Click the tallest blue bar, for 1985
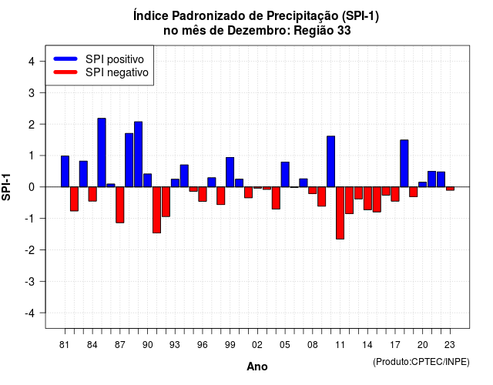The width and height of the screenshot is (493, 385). (x=102, y=152)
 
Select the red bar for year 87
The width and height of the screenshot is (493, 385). (x=120, y=205)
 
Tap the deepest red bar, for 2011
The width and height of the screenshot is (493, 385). (x=340, y=213)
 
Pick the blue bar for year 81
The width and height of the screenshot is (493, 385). (x=65, y=171)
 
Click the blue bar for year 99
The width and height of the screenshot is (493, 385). (x=230, y=172)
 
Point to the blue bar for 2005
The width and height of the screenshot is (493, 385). (x=285, y=175)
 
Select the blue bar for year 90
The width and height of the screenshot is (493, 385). (x=147, y=180)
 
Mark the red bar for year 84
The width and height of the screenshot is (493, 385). (x=92, y=194)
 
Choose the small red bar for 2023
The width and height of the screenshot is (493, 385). (x=450, y=189)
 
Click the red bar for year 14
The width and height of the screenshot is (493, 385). (x=367, y=199)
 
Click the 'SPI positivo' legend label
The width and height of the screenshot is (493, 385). (x=115, y=59)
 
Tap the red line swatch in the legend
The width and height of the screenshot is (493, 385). (x=65, y=72)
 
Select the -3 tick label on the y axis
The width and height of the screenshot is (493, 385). (x=29, y=282)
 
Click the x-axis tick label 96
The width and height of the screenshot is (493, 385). (x=203, y=345)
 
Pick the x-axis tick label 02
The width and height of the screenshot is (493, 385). (x=257, y=345)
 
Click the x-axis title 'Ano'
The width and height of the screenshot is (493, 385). (x=257, y=367)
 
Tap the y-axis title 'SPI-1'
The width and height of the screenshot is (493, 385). (x=6, y=187)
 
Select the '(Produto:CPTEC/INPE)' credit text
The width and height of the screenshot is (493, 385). (x=421, y=362)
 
